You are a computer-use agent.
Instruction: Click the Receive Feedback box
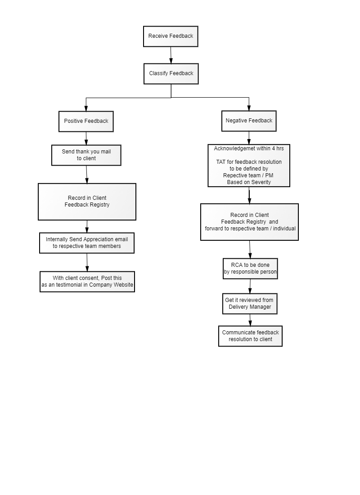(171, 36)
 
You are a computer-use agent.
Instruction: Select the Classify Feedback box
(171, 73)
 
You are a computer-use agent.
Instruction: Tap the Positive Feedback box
(86, 121)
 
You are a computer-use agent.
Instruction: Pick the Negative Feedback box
(249, 121)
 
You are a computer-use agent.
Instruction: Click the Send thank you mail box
(86, 155)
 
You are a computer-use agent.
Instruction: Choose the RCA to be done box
(250, 268)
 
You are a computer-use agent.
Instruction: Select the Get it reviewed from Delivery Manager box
(250, 303)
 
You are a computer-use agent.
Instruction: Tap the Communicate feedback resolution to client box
(250, 336)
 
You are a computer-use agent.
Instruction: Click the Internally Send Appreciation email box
(87, 243)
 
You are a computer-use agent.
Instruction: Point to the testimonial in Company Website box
(87, 281)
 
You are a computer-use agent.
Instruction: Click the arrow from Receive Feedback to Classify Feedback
(171, 55)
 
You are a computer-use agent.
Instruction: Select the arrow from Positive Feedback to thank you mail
(86, 138)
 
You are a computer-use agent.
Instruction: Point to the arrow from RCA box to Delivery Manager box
(250, 286)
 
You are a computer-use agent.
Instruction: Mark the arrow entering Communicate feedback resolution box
(250, 320)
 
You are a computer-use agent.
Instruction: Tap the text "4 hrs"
(278, 148)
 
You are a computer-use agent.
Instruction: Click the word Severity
(261, 182)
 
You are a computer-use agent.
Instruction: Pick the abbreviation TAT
(221, 162)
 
